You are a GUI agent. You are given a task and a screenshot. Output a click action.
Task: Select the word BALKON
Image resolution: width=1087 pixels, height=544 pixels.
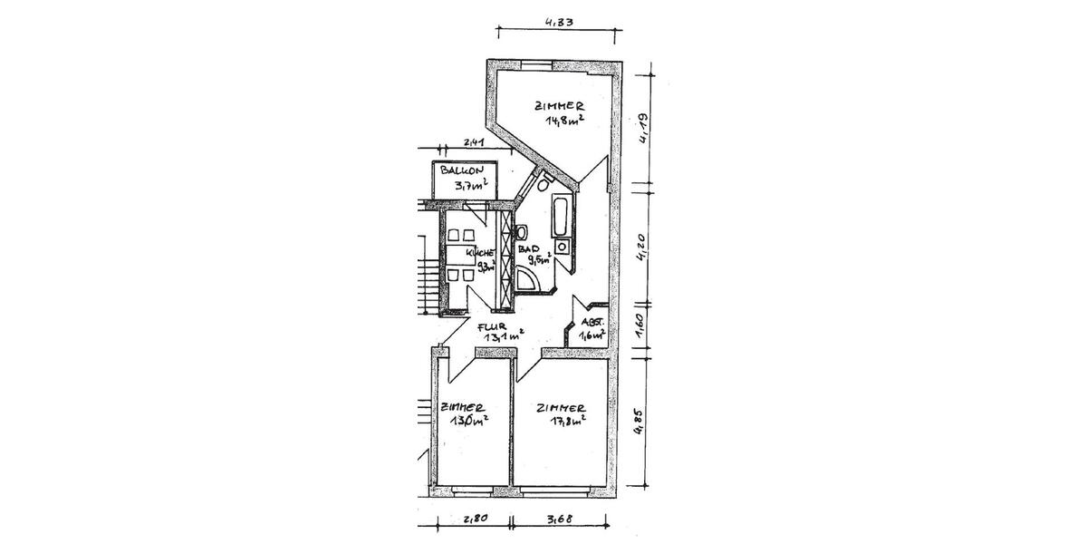(x=462, y=170)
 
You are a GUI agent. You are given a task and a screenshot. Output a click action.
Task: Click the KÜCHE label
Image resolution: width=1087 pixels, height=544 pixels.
(x=479, y=253)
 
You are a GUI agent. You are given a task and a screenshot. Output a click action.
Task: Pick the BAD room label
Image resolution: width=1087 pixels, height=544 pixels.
(x=530, y=248)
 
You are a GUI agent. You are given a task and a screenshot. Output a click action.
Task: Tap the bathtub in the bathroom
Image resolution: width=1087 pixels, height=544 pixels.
(x=560, y=215)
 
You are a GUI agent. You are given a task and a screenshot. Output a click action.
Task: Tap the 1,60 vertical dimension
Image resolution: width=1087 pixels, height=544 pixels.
(x=639, y=324)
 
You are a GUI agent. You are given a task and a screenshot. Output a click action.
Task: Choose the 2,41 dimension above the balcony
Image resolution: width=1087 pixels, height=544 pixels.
(x=475, y=142)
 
